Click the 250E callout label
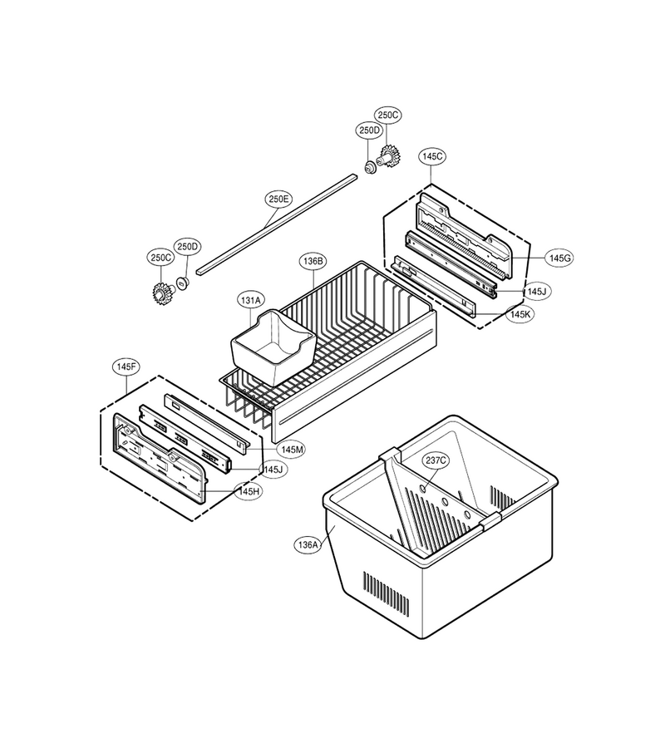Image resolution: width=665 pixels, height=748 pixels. pyautogui.click(x=278, y=199)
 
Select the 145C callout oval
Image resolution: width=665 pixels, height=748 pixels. pyautogui.click(x=433, y=156)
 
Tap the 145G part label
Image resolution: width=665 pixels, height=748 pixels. pyautogui.click(x=559, y=258)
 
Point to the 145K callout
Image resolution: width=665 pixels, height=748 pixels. pyautogui.click(x=520, y=314)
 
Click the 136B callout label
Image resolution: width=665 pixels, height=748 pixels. pyautogui.click(x=313, y=261)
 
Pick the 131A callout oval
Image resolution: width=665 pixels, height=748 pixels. pyautogui.click(x=251, y=301)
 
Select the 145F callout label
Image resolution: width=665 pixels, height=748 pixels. pyautogui.click(x=126, y=367)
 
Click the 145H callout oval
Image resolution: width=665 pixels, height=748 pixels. pyautogui.click(x=248, y=491)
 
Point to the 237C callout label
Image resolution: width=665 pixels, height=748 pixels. pyautogui.click(x=436, y=460)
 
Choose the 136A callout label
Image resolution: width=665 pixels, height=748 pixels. pyautogui.click(x=308, y=544)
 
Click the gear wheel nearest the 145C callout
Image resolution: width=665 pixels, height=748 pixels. pyautogui.click(x=390, y=155)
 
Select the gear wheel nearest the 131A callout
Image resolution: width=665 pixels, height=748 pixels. pyautogui.click(x=163, y=292)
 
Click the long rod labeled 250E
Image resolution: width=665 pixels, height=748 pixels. pyautogui.click(x=276, y=224)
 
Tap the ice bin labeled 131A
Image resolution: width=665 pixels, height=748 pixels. pyautogui.click(x=273, y=347)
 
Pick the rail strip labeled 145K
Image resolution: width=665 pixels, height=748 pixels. pyautogui.click(x=433, y=286)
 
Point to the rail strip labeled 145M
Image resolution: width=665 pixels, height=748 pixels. pyautogui.click(x=207, y=422)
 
